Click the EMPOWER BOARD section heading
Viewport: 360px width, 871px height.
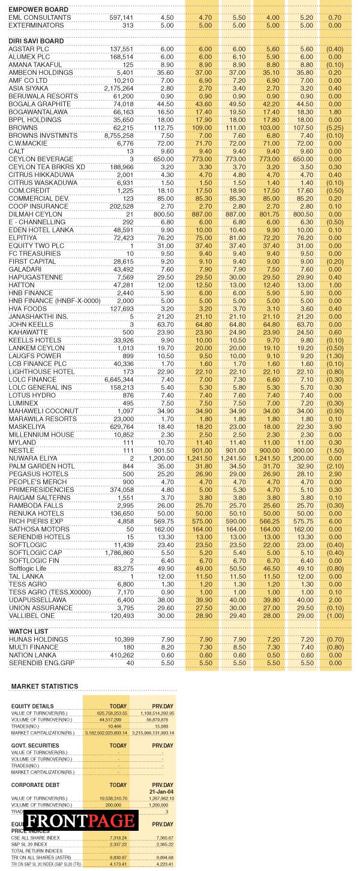pos(38,10)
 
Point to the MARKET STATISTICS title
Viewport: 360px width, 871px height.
pos(44,686)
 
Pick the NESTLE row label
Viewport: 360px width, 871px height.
pos(22,450)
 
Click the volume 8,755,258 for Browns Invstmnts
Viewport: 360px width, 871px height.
pos(119,136)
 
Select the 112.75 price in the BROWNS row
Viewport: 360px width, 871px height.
pos(163,128)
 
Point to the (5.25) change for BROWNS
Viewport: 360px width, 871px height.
pos(334,128)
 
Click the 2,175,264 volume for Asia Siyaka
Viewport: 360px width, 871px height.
pos(119,88)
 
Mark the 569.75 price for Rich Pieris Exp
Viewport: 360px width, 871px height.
pos(163,521)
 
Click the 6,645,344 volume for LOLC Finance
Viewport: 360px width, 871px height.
pos(119,380)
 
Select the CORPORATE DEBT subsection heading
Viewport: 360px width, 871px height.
pos(35,785)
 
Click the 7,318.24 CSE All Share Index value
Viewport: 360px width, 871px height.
pos(118,838)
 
